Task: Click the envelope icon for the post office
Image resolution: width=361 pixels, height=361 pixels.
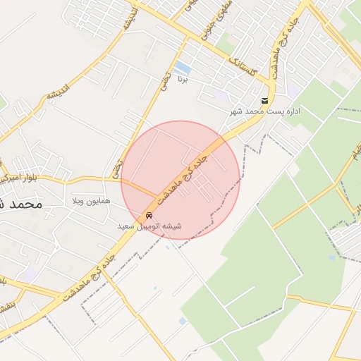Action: (264, 101)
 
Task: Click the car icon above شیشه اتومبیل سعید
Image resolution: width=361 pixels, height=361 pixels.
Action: (149, 215)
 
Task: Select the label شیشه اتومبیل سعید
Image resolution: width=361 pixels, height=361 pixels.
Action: (149, 226)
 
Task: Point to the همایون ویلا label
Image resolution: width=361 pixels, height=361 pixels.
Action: (92, 202)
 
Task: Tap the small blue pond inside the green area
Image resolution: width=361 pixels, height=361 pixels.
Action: (331, 257)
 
